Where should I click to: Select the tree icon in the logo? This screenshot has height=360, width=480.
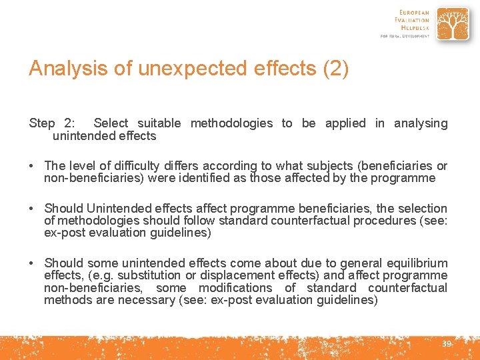click(x=452, y=25)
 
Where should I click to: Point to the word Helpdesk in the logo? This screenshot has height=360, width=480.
click(x=414, y=27)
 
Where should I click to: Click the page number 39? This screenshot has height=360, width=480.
click(x=446, y=344)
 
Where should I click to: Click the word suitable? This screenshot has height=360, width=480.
click(x=159, y=123)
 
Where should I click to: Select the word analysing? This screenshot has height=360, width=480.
click(x=421, y=123)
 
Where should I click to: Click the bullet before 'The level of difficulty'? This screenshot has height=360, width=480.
click(x=33, y=166)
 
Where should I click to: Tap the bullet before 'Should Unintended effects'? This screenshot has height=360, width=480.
click(x=33, y=209)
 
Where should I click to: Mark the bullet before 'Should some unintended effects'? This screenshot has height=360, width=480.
click(x=33, y=263)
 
